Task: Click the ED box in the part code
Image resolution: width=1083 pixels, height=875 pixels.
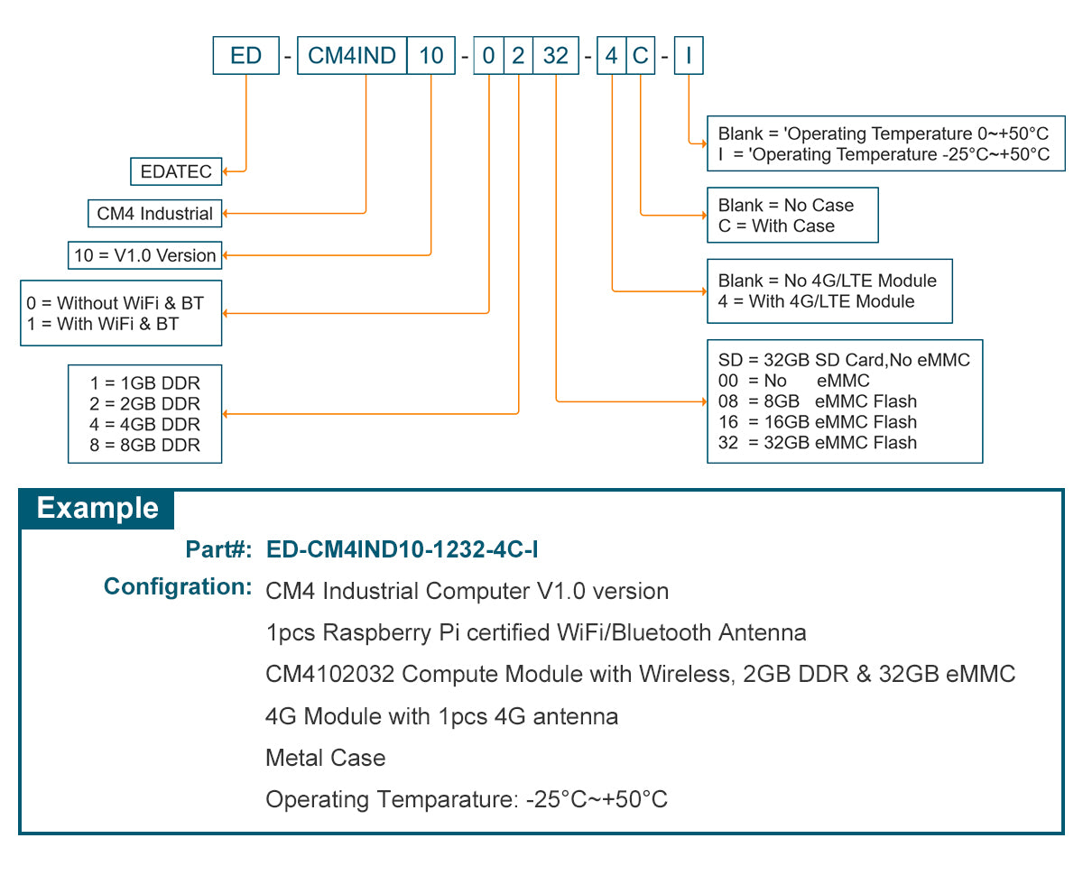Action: tap(245, 56)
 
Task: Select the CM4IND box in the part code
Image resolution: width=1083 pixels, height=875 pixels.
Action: tap(352, 56)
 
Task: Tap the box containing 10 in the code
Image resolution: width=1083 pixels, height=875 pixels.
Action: tap(431, 56)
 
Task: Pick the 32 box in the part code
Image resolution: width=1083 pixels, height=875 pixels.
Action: tap(555, 56)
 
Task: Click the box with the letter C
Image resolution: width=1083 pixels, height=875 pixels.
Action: tap(640, 56)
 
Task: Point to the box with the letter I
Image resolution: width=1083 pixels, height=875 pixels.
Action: tap(689, 56)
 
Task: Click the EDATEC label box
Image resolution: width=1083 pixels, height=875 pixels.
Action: tap(176, 170)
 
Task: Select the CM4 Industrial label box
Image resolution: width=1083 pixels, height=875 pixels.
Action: tap(155, 214)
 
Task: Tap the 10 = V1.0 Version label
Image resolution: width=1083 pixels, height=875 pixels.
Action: tap(144, 255)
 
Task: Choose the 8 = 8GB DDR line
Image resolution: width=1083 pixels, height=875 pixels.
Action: tap(144, 445)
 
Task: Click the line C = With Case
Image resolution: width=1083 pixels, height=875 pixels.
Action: tap(776, 226)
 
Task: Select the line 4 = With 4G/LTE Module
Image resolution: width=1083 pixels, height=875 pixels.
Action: tap(816, 301)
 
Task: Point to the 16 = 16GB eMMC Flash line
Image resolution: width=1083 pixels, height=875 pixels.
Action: tap(817, 422)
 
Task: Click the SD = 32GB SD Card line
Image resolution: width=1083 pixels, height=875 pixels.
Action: tap(844, 360)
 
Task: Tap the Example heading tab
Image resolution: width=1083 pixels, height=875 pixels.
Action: tap(97, 509)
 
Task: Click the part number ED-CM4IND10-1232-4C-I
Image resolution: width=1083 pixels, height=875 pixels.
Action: tap(403, 549)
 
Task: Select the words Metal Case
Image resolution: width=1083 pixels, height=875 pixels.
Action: tap(325, 758)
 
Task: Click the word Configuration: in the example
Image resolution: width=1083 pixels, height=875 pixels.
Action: tap(177, 587)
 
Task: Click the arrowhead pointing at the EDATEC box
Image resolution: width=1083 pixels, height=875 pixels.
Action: tap(227, 170)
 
